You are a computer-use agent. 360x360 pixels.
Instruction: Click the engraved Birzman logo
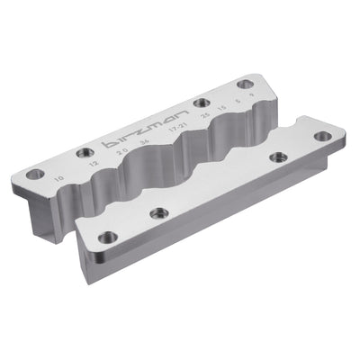(148, 133)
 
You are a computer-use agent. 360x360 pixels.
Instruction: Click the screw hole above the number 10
(36, 171)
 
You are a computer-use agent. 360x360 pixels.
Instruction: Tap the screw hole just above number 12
(86, 151)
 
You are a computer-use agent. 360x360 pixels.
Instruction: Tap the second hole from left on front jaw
(161, 212)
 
